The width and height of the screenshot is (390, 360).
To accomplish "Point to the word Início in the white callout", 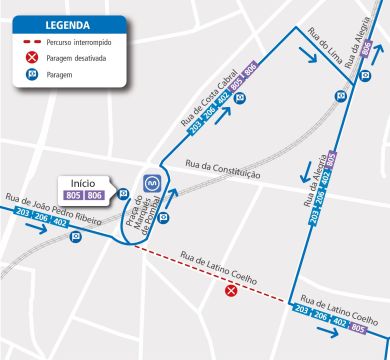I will tap(83, 183).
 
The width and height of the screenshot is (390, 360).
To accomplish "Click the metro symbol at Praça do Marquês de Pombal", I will tap(153, 183).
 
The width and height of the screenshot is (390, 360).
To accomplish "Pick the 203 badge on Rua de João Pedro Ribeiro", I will tap(24, 214).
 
